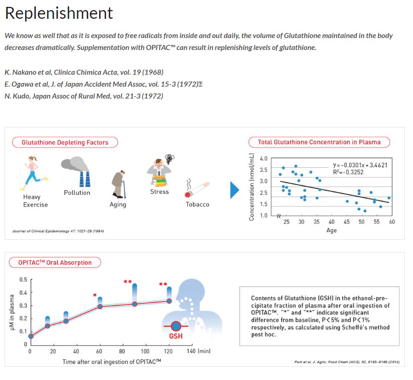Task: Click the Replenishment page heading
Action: pyautogui.click(x=59, y=13)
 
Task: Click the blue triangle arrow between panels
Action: pyautogui.click(x=234, y=190)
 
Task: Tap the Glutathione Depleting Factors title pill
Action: pyautogui.click(x=65, y=143)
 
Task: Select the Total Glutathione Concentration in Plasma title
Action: pyautogui.click(x=319, y=142)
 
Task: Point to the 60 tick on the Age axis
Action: pyautogui.click(x=392, y=222)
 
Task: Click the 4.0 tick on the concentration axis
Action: pyautogui.click(x=263, y=159)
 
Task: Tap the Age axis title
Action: pyautogui.click(x=331, y=231)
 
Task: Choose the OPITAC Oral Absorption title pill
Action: pyautogui.click(x=55, y=263)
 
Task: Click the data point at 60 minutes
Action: pyautogui.click(x=100, y=306)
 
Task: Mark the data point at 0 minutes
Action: pyautogui.click(x=31, y=336)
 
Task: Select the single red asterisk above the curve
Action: pyautogui.click(x=95, y=295)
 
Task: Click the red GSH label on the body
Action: pyautogui.click(x=176, y=336)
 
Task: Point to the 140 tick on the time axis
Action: pyautogui.click(x=192, y=351)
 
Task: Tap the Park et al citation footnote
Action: pyautogui.click(x=346, y=362)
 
